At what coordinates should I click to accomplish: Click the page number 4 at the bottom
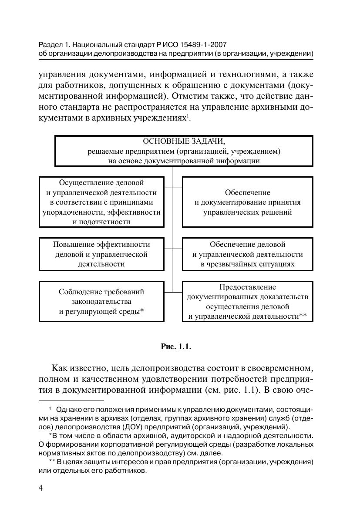(41, 488)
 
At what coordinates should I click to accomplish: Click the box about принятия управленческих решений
(247, 202)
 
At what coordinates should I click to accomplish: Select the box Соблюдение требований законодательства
(102, 301)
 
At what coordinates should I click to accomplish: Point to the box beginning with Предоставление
(247, 301)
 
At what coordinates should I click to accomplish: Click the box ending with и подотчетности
(102, 202)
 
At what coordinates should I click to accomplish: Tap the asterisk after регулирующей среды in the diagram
(142, 310)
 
